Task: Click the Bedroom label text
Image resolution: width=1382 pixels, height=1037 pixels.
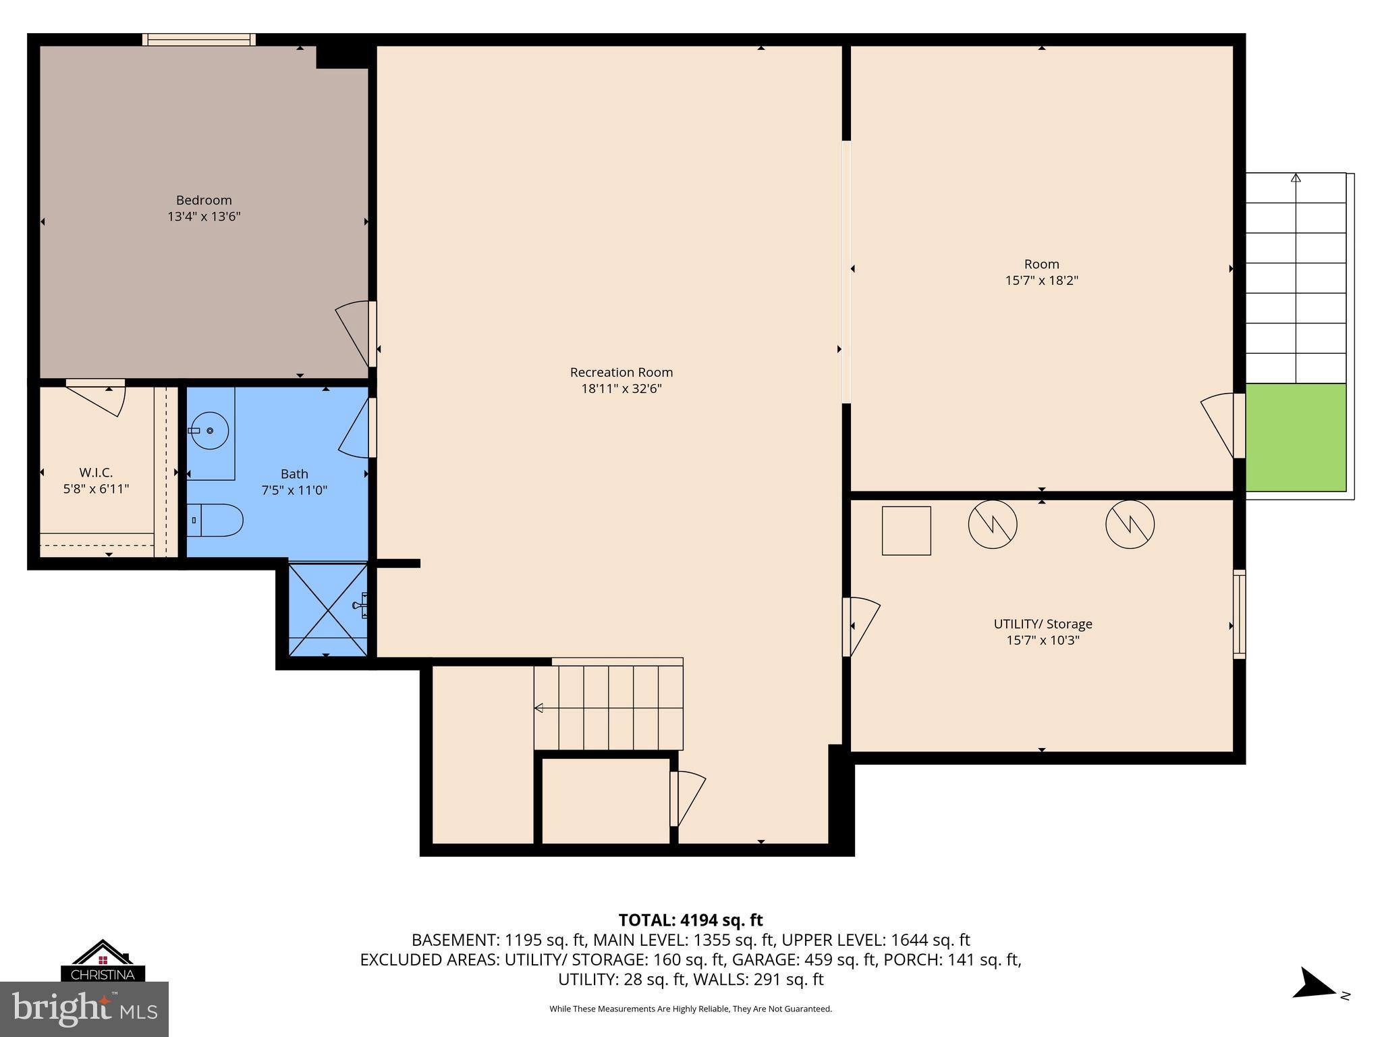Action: (x=204, y=200)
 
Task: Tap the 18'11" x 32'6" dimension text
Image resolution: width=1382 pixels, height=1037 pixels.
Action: (x=621, y=389)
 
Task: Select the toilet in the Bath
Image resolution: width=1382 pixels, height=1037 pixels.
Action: (x=215, y=520)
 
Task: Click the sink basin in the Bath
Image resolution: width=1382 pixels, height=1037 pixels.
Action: (x=209, y=430)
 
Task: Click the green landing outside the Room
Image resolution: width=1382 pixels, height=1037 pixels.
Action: (x=1295, y=437)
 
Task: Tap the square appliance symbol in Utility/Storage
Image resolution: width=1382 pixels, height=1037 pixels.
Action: (x=906, y=531)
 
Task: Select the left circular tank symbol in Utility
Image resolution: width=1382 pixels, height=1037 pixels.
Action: (x=992, y=524)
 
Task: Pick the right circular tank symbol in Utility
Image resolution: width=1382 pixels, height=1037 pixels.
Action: (x=1130, y=524)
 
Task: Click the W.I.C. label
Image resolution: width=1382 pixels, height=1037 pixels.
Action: (x=96, y=473)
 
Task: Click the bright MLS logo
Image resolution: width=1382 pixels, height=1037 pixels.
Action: (x=84, y=1010)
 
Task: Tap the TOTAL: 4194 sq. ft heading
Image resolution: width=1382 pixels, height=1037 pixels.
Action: (x=690, y=920)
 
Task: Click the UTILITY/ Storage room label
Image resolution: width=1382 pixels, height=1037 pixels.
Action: (x=1043, y=624)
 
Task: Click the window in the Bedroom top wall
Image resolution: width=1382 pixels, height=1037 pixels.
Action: (x=199, y=40)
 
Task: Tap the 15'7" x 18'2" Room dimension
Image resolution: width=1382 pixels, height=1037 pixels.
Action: (x=1041, y=280)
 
